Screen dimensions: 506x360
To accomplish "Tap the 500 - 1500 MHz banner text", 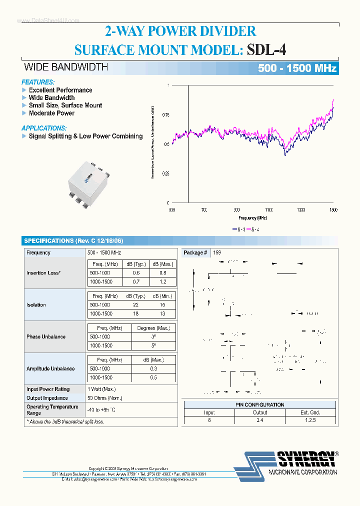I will pos(297,68).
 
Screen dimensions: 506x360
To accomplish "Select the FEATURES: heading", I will pos(38,82).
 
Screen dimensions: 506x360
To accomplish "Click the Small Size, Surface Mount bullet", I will pos(65,105).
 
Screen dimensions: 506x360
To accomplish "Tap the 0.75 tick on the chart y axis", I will pos(165,115).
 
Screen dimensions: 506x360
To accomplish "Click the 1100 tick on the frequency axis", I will pos(269,210).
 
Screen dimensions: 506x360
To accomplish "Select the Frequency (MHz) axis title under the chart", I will pos(252,218).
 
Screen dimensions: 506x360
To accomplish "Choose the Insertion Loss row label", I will pos(43,273).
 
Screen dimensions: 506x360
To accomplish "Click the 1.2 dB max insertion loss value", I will pos(162,282).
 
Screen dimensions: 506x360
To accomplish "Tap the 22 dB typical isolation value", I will pos(135,305).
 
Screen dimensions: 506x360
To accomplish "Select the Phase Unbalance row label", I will pos(46,337).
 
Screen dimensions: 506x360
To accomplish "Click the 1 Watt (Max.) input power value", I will pos(101,389).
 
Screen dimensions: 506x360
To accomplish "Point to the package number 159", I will pos(217,253).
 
